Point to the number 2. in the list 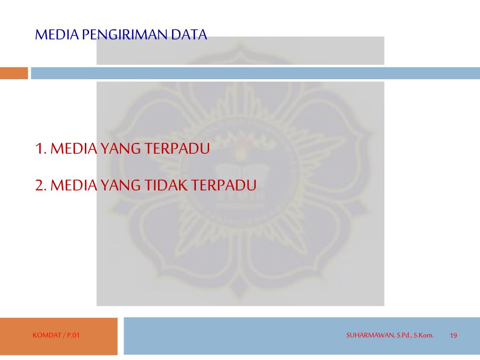pos(41,185)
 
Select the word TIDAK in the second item pos(165,185)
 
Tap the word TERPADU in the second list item pos(224,185)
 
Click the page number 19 pos(453,335)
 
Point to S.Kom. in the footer pos(423,335)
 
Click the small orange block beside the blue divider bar pos(14,73)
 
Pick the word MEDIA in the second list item pos(74,185)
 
